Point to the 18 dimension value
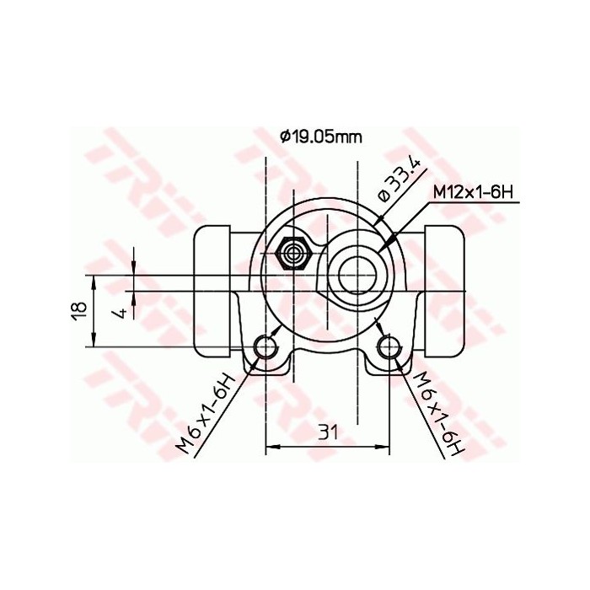[x=78, y=311]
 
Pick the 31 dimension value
[x=328, y=432]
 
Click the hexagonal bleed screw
[x=294, y=252]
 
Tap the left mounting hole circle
[x=267, y=346]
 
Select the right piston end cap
[x=444, y=288]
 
